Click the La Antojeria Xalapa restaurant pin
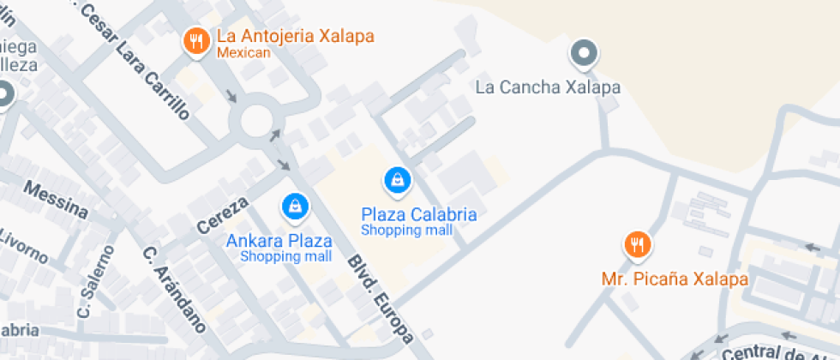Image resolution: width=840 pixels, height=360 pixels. point(196,40)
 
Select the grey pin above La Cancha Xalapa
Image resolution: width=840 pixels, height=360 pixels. point(584,54)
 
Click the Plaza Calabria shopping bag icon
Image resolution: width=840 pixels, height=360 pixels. point(397,180)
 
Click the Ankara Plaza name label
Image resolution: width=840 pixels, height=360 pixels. point(279,240)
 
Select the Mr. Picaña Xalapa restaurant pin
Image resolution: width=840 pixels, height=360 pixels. point(636,246)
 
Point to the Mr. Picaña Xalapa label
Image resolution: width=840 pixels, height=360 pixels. point(674,279)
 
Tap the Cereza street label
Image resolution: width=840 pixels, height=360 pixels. point(222,214)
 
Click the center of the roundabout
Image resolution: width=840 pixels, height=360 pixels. point(258,121)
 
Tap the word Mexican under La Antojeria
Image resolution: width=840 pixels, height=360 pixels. point(243,53)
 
